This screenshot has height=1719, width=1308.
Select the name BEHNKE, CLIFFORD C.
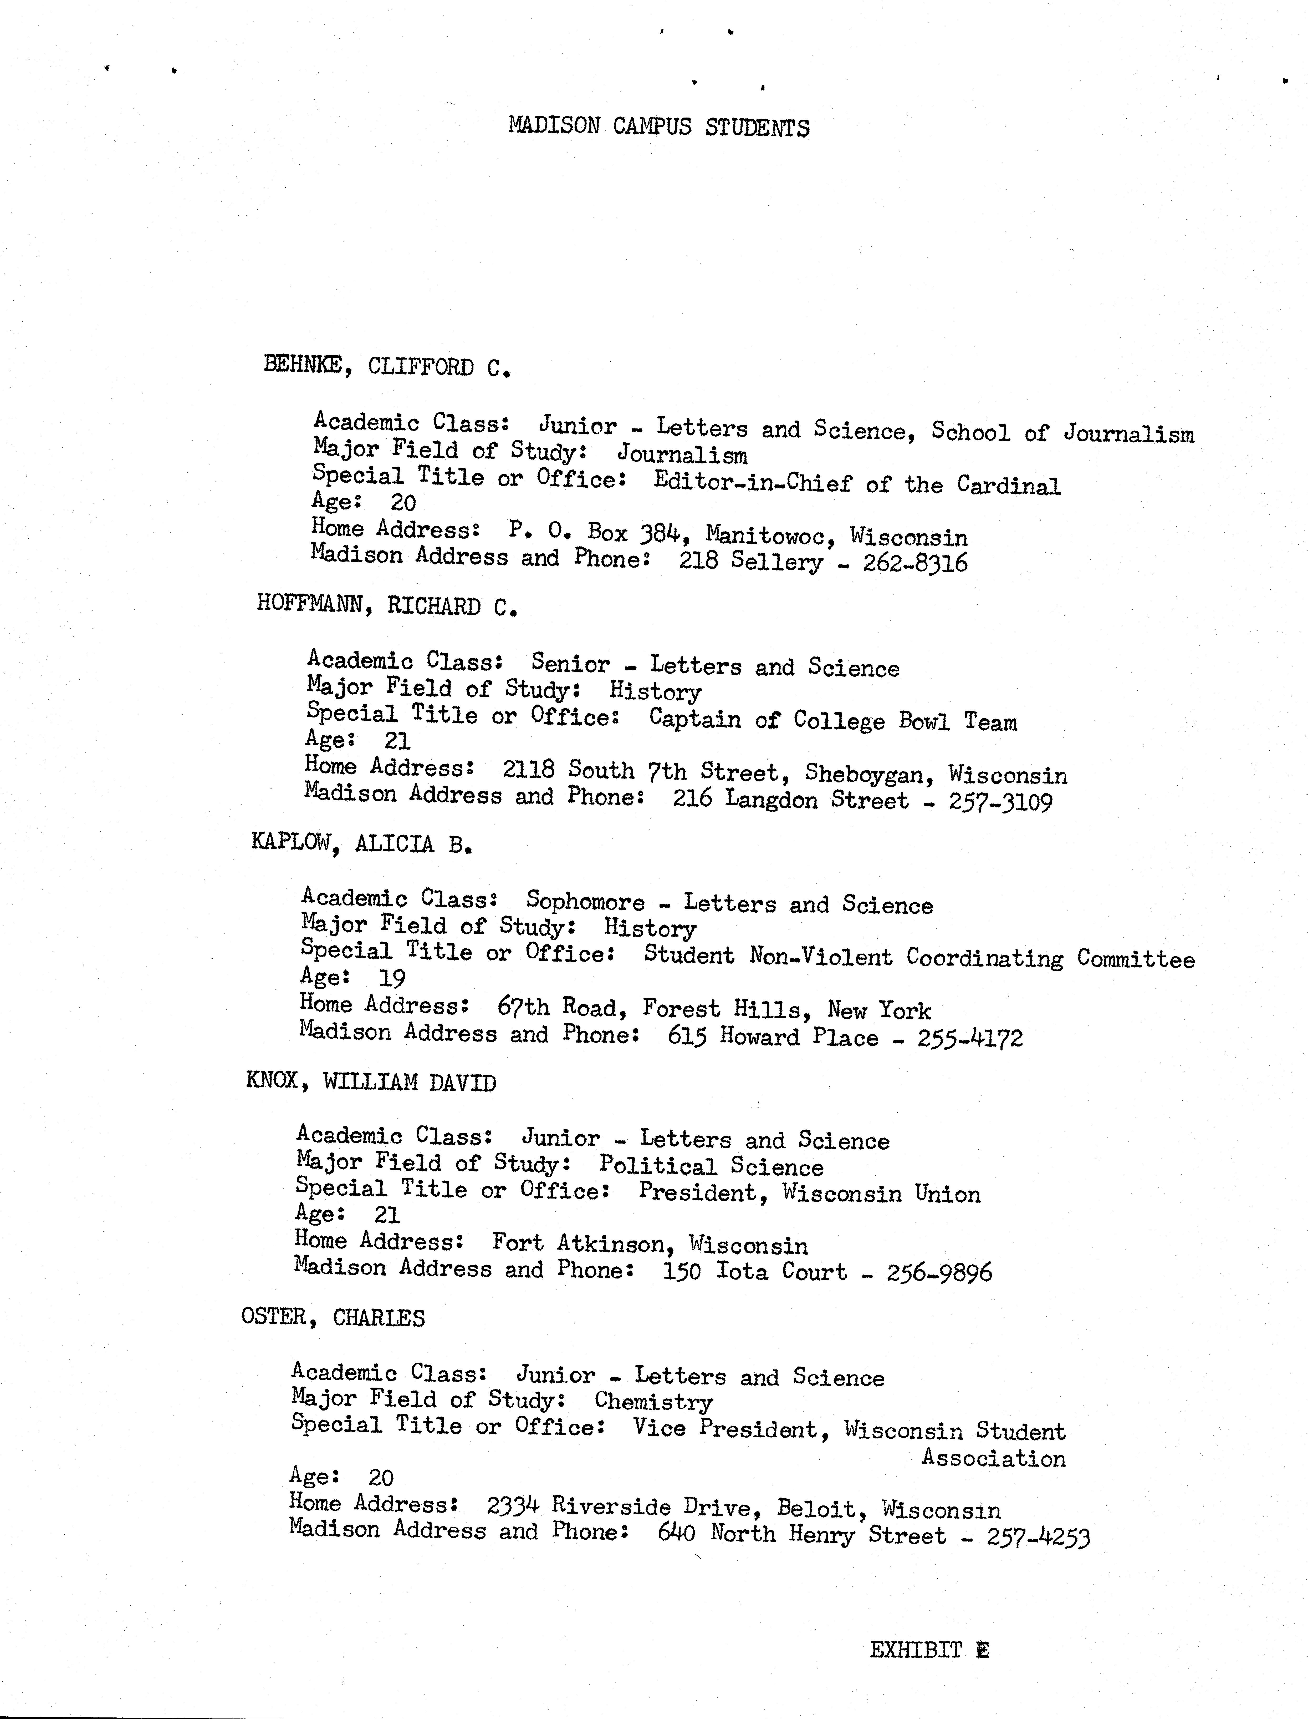387,366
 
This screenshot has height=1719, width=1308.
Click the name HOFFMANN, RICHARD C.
387,606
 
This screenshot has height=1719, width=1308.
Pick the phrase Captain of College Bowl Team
832,720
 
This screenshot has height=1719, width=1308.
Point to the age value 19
392,978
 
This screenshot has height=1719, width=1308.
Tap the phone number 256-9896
939,1273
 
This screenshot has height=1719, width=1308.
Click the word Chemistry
653,1401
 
